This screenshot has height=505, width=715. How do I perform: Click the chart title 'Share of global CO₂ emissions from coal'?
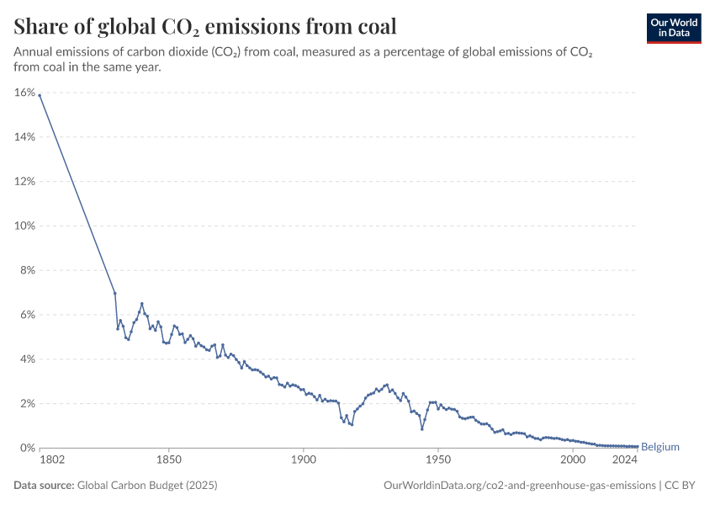point(205,26)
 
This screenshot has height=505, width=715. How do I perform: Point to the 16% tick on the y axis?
point(24,93)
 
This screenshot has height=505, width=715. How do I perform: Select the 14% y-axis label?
point(24,137)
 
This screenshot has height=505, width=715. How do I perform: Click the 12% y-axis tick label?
point(24,182)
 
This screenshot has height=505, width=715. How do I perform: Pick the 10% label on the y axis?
point(24,226)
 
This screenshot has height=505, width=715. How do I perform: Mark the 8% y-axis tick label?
point(27,270)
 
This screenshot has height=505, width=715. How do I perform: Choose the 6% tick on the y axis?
point(27,315)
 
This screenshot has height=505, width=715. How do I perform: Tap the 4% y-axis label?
point(27,359)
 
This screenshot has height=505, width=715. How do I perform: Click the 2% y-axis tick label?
point(27,404)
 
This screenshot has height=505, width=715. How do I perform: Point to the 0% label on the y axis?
point(27,449)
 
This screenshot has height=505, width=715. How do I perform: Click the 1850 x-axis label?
point(169,460)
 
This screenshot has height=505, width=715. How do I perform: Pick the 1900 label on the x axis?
point(304,460)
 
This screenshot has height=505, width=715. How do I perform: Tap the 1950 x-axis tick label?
point(437,460)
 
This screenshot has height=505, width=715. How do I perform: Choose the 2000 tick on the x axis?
point(572,460)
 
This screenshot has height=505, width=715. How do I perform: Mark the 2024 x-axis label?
point(625,460)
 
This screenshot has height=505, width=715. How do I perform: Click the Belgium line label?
point(659,447)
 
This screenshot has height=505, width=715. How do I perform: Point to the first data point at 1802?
point(40,95)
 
